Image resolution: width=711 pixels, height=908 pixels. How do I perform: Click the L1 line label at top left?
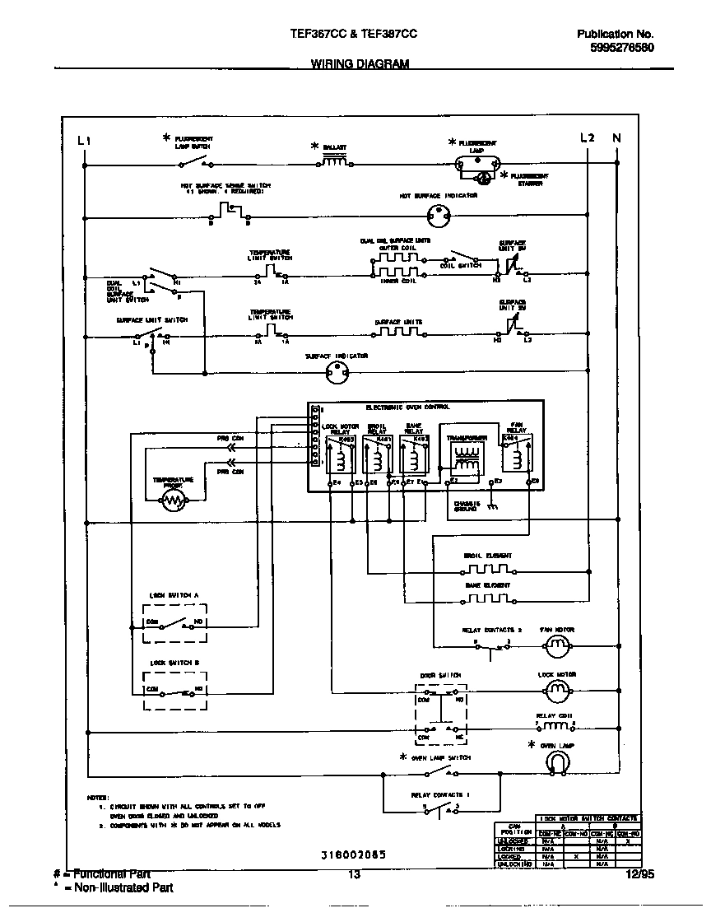tap(83, 140)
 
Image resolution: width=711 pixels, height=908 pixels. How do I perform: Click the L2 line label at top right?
tap(587, 137)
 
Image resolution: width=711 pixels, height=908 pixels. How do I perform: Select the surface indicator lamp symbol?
tap(336, 375)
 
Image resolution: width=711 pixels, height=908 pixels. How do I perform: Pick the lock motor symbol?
tap(557, 692)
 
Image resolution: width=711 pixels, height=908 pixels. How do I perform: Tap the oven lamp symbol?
tap(558, 762)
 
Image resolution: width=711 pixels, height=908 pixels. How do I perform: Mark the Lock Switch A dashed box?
tap(174, 623)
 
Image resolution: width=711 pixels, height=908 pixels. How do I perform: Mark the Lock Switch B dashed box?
tap(174, 691)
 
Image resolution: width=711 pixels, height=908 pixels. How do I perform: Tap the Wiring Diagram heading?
tap(360, 64)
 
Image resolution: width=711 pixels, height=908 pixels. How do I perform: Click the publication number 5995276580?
tap(622, 48)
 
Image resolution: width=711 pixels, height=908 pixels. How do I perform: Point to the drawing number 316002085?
tap(352, 854)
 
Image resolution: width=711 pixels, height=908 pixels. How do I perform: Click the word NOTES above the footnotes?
tap(97, 798)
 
